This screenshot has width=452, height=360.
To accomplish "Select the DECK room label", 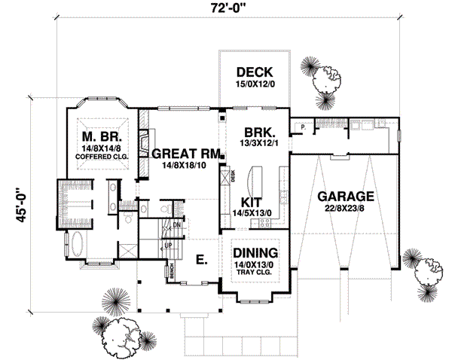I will [x=254, y=72].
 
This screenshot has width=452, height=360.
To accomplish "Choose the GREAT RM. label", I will [x=185, y=152].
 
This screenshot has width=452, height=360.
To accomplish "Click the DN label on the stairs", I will [x=176, y=225].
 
